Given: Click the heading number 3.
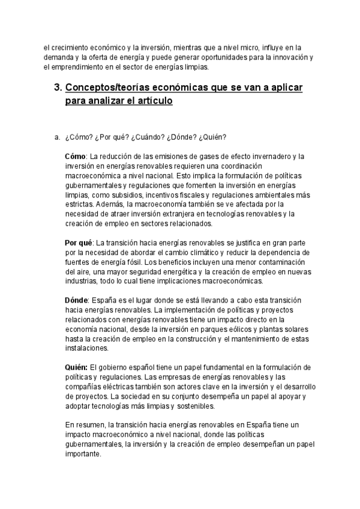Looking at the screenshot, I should click(58, 88).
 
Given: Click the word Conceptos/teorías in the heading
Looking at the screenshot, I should click(106, 88).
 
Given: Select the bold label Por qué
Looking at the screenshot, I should click(78, 242).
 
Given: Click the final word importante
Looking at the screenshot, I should click(83, 454).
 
